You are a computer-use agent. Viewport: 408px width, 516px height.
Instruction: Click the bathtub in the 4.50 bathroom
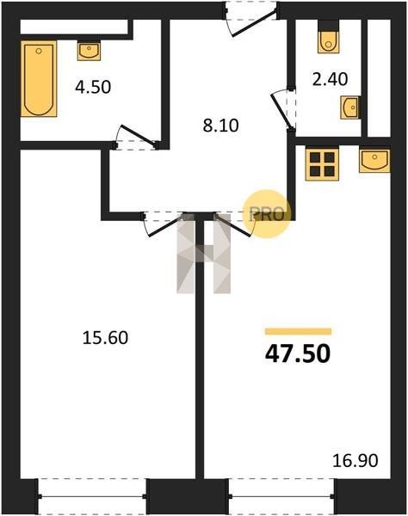tap(39, 78)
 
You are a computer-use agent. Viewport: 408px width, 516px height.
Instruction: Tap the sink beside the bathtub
tap(89, 51)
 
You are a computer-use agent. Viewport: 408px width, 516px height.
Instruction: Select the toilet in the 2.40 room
tap(328, 42)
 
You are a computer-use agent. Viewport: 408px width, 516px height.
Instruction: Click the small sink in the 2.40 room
tap(350, 107)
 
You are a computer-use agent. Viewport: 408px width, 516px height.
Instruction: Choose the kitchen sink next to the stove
tap(374, 161)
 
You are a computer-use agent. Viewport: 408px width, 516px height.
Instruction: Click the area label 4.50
tap(93, 87)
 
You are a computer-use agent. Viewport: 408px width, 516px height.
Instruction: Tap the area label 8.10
tap(220, 126)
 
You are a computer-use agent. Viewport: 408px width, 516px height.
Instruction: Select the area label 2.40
tap(330, 79)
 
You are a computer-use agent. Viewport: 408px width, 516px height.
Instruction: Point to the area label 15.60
tap(105, 338)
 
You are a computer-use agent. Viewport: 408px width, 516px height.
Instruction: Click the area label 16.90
tap(355, 460)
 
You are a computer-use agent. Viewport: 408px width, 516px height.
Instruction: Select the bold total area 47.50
tap(297, 353)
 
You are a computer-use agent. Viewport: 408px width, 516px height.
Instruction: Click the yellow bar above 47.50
tap(298, 331)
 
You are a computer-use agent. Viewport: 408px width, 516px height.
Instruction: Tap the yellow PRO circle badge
tap(267, 214)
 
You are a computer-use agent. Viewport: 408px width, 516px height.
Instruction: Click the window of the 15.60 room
tap(93, 496)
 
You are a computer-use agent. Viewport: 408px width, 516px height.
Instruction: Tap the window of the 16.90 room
tap(281, 496)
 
